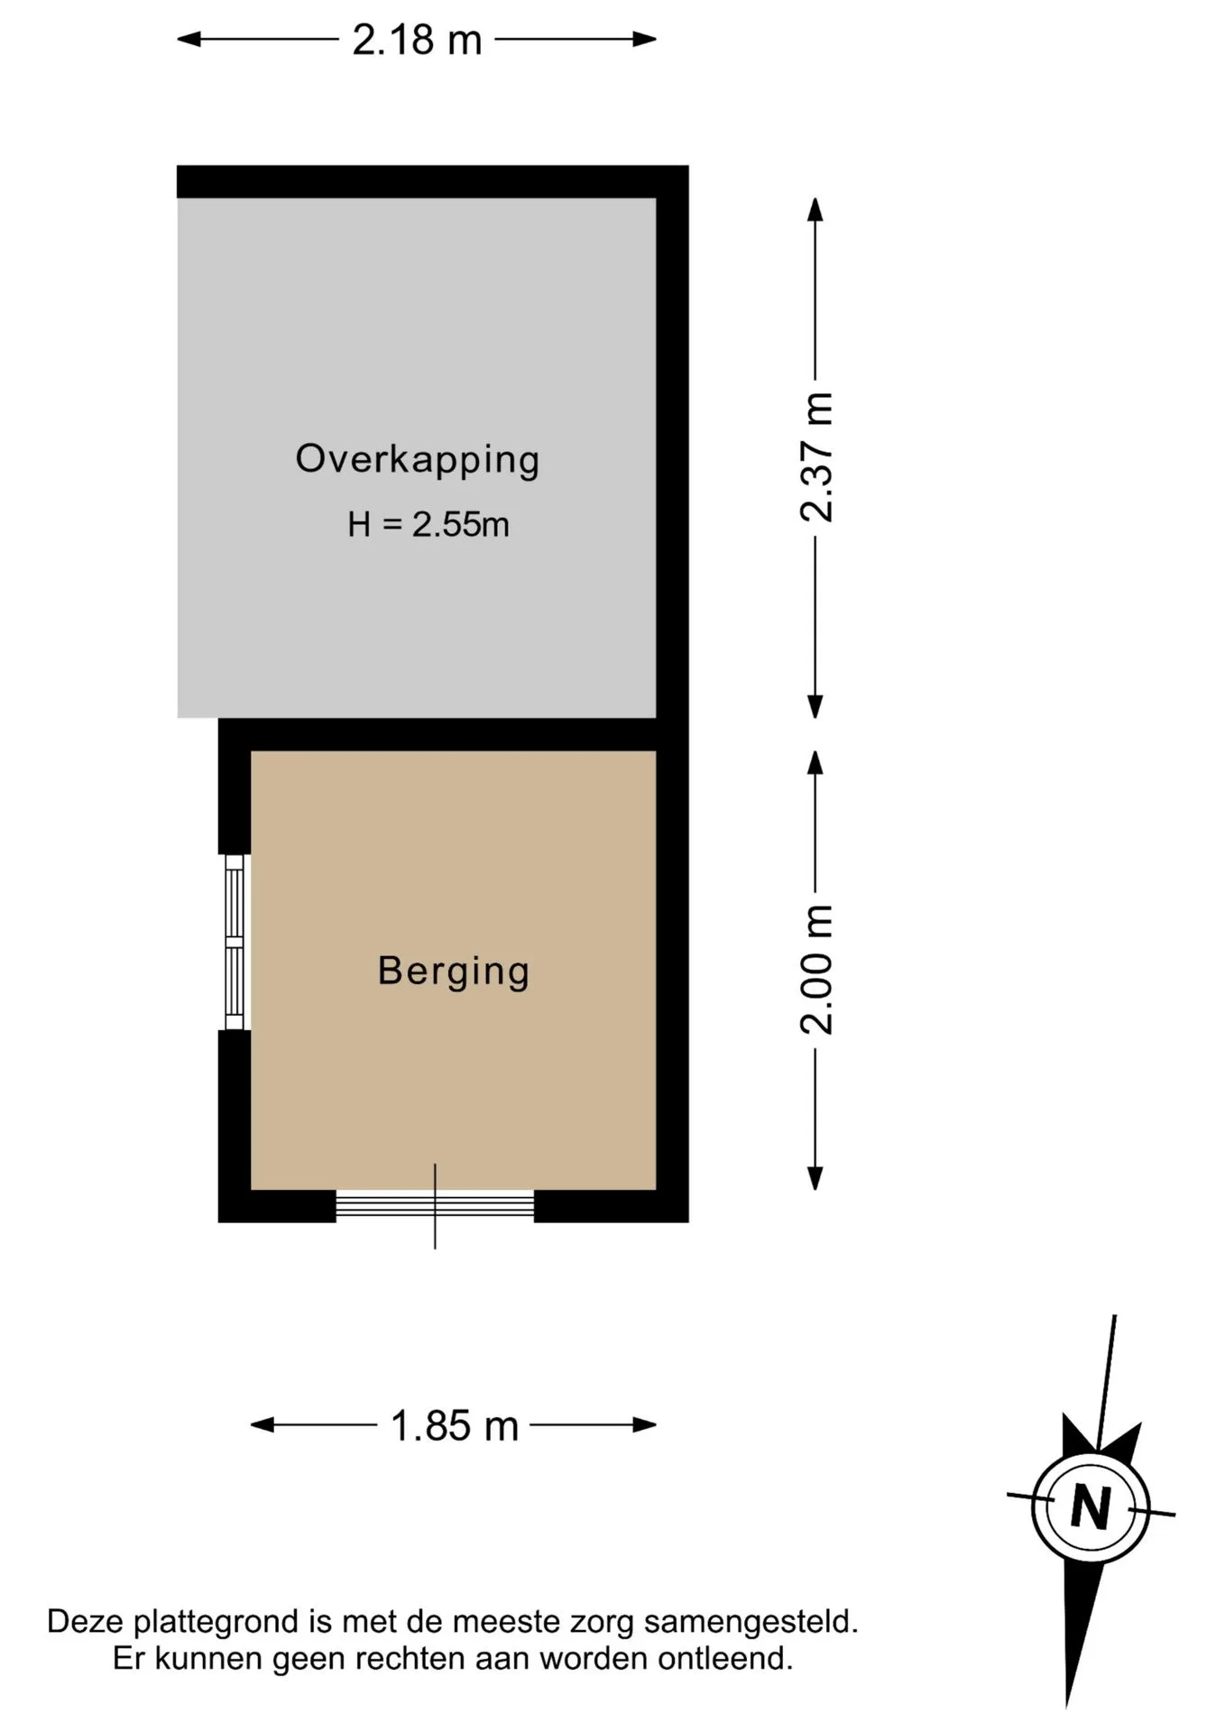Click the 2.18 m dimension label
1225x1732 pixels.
coord(417,41)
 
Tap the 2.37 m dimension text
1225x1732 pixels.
coord(817,457)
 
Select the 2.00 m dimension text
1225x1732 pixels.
coord(817,969)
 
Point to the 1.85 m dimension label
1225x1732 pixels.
coord(455,1426)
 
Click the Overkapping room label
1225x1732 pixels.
coord(418,460)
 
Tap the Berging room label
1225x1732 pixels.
coord(454,972)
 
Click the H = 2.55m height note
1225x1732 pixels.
coord(428,524)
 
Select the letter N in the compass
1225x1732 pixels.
coord(1090,1506)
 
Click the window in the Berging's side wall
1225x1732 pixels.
coord(235,942)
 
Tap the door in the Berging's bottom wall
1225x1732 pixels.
coord(435,1205)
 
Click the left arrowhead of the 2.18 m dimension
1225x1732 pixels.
coord(189,39)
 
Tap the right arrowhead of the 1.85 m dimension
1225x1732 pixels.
coord(644,1425)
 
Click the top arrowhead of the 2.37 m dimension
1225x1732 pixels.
coord(815,210)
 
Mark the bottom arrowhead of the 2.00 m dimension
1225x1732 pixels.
coord(815,1178)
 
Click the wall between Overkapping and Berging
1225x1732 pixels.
coord(437,734)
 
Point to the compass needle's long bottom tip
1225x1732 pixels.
coord(1068,1707)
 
